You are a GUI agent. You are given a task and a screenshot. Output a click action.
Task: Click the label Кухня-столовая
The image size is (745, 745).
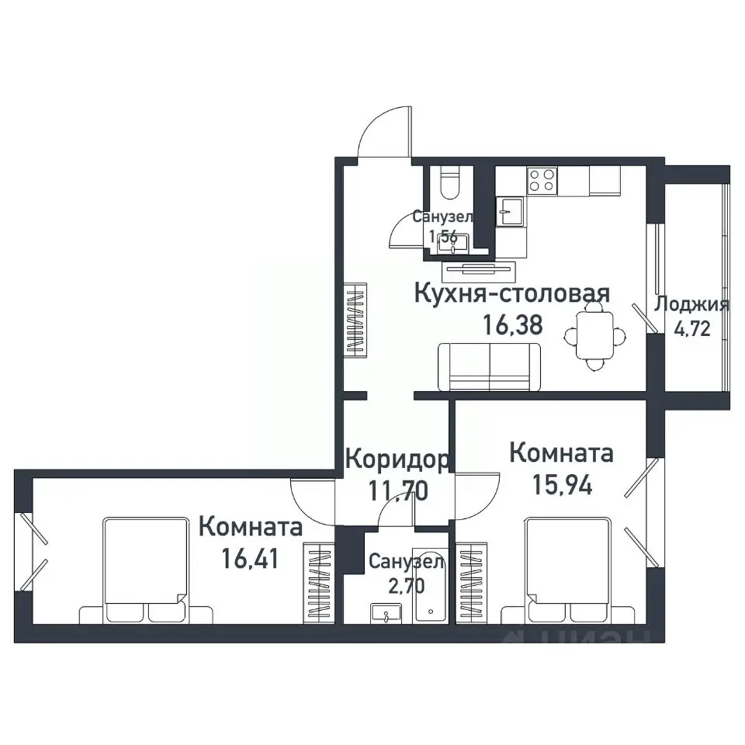tap(512, 293)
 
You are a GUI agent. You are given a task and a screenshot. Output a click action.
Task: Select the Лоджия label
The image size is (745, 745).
tap(691, 304)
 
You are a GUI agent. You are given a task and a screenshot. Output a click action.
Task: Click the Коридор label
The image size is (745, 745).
tap(396, 459)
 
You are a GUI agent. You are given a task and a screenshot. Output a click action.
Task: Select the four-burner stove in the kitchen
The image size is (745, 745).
tap(542, 181)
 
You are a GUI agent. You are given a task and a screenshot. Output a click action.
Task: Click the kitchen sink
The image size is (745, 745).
tap(511, 210)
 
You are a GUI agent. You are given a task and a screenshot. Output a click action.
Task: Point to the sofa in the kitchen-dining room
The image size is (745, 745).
tap(490, 366)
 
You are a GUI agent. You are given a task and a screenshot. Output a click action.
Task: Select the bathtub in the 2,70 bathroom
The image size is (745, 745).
tap(428, 596)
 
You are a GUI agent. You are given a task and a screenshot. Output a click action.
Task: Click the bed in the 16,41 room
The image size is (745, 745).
tap(147, 570)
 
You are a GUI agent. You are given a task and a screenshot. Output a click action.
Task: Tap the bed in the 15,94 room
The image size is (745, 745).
tap(568, 571)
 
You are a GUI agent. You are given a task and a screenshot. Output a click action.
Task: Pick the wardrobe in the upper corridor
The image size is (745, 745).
tap(355, 320)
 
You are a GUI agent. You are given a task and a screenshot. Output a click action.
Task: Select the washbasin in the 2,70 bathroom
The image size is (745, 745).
tap(383, 615)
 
